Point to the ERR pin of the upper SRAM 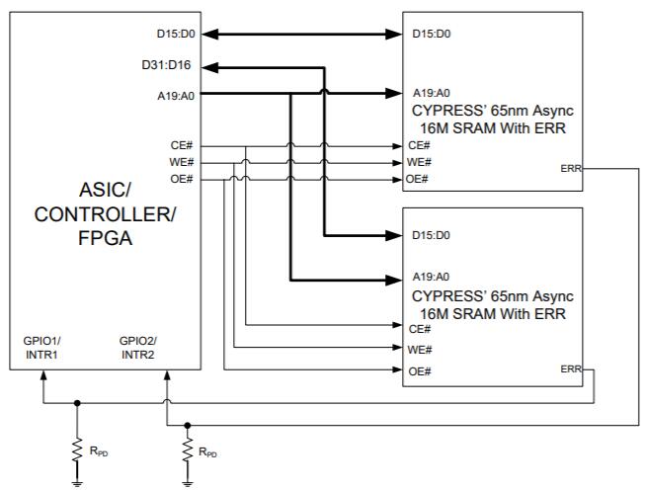click(570, 169)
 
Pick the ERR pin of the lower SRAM click(570, 368)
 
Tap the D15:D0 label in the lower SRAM click(431, 235)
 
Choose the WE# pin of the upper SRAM click(420, 162)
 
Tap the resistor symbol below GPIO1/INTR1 click(77, 449)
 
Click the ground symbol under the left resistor click(77, 481)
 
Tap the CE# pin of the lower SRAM click(420, 329)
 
